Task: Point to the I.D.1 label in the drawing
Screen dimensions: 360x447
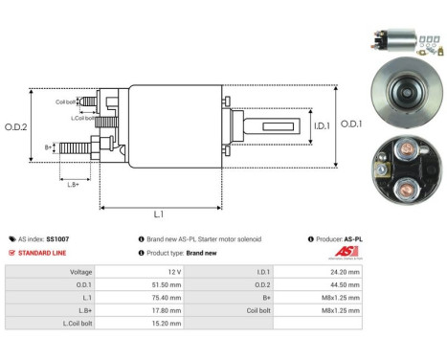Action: (x=321, y=125)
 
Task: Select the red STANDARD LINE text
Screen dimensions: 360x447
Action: (x=44, y=252)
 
